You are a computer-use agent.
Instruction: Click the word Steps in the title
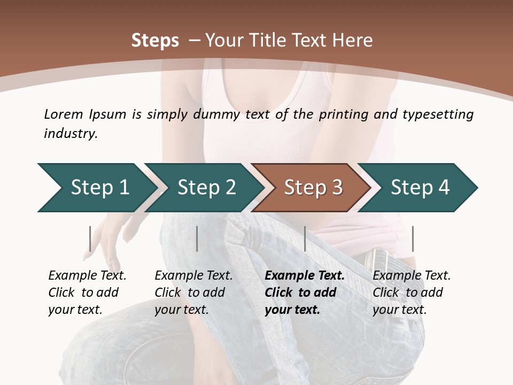point(155,41)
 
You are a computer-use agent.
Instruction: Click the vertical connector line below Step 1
point(90,238)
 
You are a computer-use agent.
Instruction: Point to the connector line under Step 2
point(197,238)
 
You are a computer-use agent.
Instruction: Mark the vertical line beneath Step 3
point(305,238)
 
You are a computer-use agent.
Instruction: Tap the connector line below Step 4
point(413,238)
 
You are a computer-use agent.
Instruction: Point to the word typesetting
point(440,114)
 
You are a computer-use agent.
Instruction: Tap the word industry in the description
point(71,134)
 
